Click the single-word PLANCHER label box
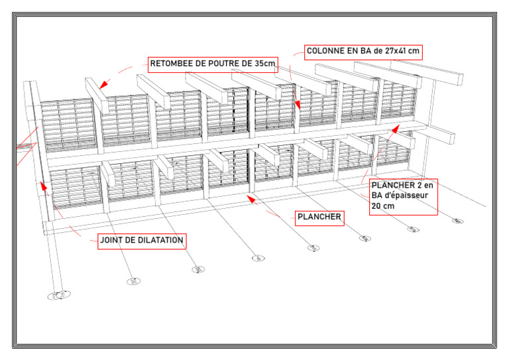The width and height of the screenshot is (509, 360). (x=319, y=217)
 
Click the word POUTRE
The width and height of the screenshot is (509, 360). (x=231, y=64)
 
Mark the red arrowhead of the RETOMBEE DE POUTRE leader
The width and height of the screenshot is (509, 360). (x=102, y=86)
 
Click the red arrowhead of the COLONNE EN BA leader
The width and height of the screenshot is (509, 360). (x=298, y=105)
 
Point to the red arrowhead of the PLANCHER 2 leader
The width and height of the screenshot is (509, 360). (x=395, y=129)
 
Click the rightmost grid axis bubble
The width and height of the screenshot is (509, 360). (x=457, y=221)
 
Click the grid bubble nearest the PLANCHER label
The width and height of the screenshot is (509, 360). (x=314, y=248)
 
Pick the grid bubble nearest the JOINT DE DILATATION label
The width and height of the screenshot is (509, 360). (x=133, y=282)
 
